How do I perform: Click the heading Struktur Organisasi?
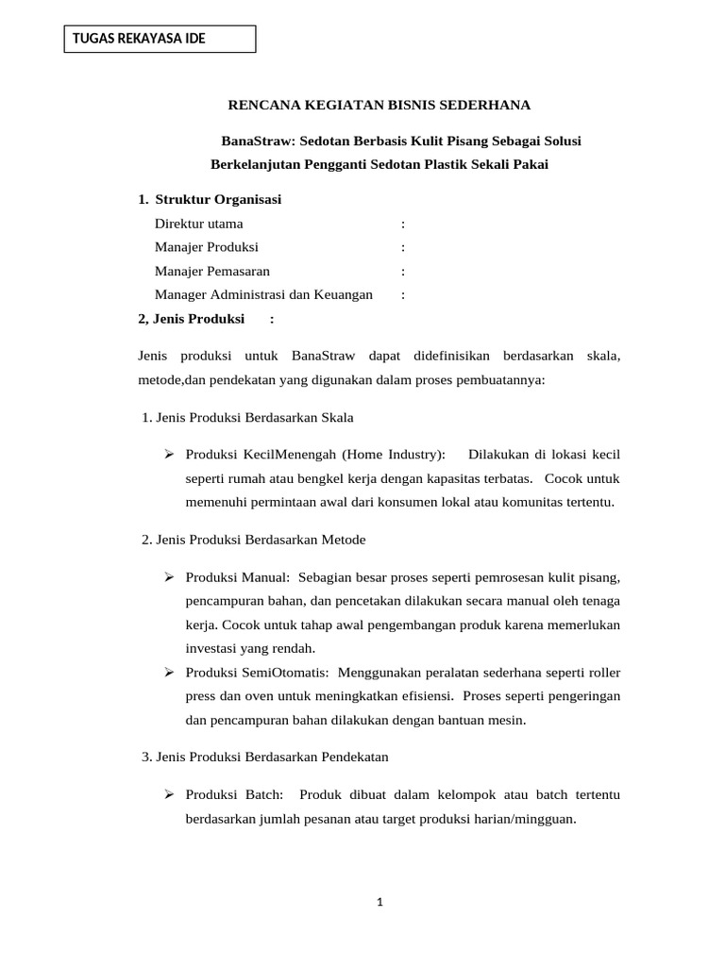coord(218,200)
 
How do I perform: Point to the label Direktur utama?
coord(199,224)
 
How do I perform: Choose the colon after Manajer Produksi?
coord(403,247)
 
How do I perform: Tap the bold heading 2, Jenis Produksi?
coord(192,319)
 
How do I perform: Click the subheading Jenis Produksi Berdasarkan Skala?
coord(254,417)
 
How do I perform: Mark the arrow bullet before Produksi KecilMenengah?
coord(170,455)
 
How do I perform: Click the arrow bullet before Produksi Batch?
coord(170,795)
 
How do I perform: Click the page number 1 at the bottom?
coord(379,903)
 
